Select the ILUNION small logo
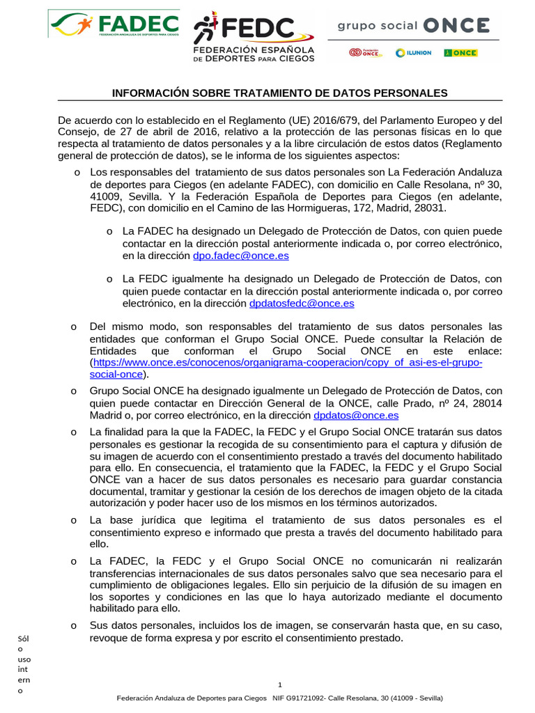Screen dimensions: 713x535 [413, 53]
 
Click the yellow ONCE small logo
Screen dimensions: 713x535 [460, 53]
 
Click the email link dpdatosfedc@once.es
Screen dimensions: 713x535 [302, 304]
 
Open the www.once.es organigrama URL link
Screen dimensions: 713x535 [287, 363]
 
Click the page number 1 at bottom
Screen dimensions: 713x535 [279, 684]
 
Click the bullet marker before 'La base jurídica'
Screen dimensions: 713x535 [73, 520]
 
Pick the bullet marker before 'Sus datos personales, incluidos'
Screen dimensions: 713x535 [73, 626]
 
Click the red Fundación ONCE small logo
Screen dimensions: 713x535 [365, 53]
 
